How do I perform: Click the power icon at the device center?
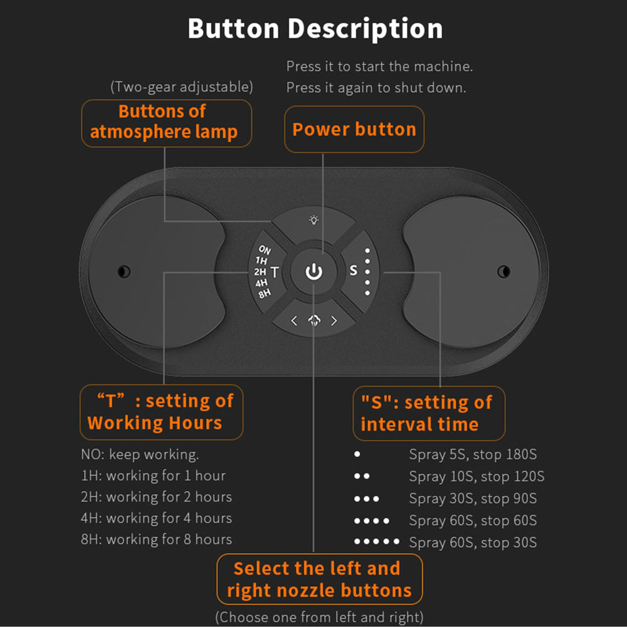[314, 271]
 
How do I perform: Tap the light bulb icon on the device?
[314, 219]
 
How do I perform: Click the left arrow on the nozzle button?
[294, 320]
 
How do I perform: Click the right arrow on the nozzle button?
[334, 320]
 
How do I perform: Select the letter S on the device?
[354, 271]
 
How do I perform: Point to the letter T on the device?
[275, 272]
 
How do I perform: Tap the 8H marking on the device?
[265, 294]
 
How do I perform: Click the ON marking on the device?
[265, 250]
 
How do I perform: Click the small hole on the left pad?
[124, 271]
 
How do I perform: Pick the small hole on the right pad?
[503, 271]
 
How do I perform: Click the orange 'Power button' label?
[354, 129]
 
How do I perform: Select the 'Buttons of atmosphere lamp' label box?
[166, 123]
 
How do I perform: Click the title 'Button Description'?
[315, 28]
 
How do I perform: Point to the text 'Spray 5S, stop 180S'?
[473, 454]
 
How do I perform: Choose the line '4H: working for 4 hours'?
[156, 519]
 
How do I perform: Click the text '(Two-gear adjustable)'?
[182, 87]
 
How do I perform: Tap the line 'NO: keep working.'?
[140, 455]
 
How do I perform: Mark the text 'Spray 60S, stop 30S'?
[473, 542]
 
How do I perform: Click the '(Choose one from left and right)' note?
[319, 617]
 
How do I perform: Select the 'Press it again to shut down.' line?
[376, 88]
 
